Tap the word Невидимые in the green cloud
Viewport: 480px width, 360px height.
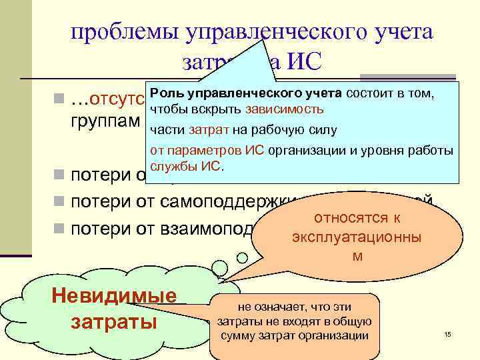click(113, 297)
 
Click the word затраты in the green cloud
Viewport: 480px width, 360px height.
click(113, 322)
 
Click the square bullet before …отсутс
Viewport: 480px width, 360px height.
click(61, 101)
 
